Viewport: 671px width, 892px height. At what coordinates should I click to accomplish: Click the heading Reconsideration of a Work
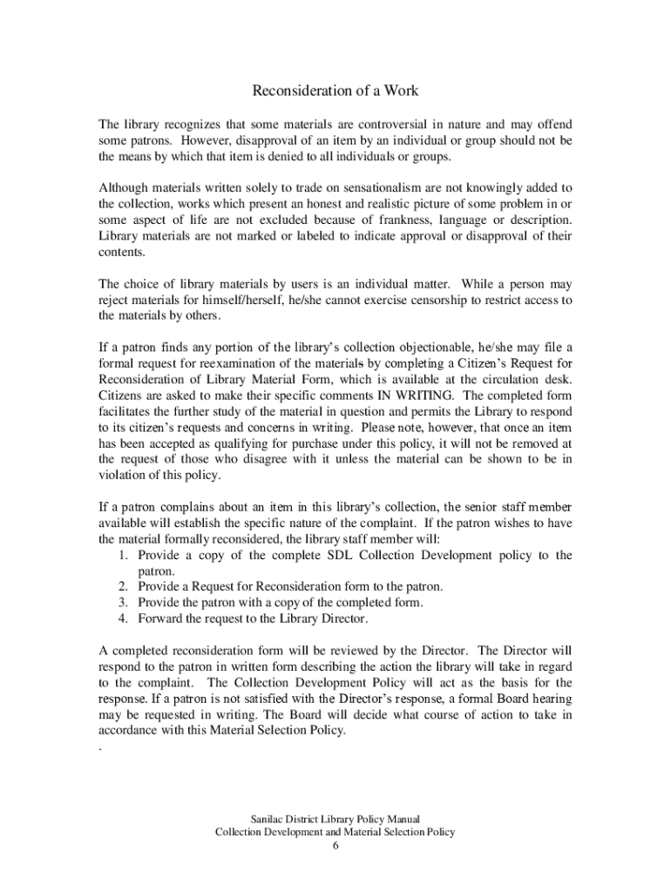click(335, 91)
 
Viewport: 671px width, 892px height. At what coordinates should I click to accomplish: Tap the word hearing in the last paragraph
click(549, 699)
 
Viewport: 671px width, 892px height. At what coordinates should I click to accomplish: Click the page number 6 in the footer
click(335, 846)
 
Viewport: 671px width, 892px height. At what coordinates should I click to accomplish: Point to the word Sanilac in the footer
click(268, 819)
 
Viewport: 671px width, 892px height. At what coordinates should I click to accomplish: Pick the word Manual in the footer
click(403, 819)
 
